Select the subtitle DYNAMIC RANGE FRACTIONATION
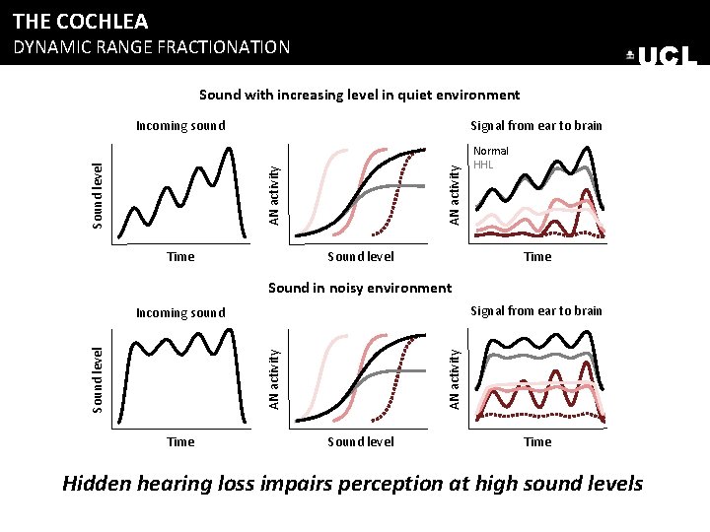(x=151, y=46)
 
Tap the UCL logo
(x=662, y=57)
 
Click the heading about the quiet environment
(x=359, y=95)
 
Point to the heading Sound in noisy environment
(x=359, y=288)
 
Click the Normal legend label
(x=491, y=151)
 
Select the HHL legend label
(x=483, y=165)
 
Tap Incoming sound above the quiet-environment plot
(x=180, y=125)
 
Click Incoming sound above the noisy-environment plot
(x=180, y=312)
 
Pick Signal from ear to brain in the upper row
(x=536, y=125)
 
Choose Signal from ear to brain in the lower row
(x=536, y=310)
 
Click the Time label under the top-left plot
(x=180, y=256)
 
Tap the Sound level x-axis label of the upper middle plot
(x=361, y=256)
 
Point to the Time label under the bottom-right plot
(x=537, y=441)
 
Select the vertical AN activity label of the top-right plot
(x=455, y=192)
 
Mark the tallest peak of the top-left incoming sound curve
(x=230, y=149)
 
